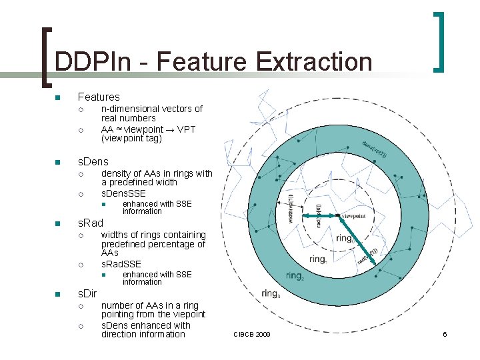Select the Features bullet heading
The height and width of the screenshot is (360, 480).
tap(99, 97)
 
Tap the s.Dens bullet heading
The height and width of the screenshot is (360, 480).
tap(93, 162)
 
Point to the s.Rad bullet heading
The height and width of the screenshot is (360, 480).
tap(91, 223)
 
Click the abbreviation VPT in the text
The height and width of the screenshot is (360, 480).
tap(185, 129)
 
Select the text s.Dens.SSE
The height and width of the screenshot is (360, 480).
tap(123, 193)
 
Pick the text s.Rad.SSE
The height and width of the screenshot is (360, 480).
tap(121, 264)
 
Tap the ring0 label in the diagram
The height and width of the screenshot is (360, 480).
tap(345, 237)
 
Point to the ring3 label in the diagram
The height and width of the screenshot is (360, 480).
tap(271, 293)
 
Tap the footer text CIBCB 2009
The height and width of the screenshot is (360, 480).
tap(252, 334)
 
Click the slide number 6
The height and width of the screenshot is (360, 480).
tap(445, 334)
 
